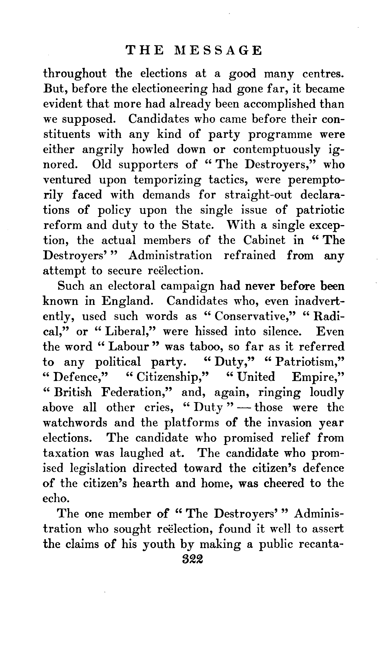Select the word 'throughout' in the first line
tap(75, 74)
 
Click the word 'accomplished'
tap(279, 104)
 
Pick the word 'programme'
tap(280, 134)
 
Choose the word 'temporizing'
tap(167, 180)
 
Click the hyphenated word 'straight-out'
tap(258, 195)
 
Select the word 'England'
tap(126, 301)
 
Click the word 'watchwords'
tap(75, 423)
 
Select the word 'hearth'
tap(151, 483)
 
